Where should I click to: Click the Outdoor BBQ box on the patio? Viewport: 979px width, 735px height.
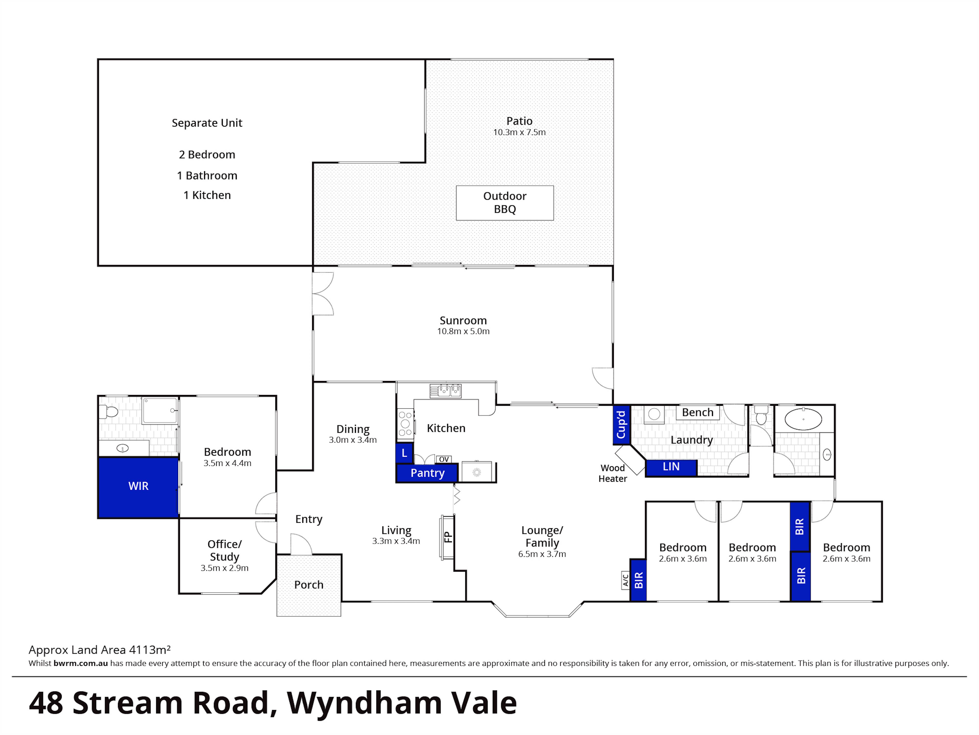[x=504, y=203]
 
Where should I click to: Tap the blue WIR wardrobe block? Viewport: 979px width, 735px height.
[x=138, y=487]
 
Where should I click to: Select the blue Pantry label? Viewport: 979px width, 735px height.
[x=427, y=473]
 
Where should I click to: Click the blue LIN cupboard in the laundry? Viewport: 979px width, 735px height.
[x=671, y=467]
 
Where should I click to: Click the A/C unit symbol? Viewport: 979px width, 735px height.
[x=625, y=580]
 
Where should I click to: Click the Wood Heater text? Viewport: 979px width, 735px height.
[x=613, y=473]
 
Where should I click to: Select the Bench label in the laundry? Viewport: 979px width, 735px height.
[x=698, y=413]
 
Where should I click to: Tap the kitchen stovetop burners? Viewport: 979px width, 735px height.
[x=405, y=424]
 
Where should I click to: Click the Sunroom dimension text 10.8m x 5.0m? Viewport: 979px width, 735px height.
[x=463, y=331]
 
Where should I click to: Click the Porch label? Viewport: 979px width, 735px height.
[x=308, y=585]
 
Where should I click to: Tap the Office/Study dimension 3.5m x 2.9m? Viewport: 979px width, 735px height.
[x=224, y=568]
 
